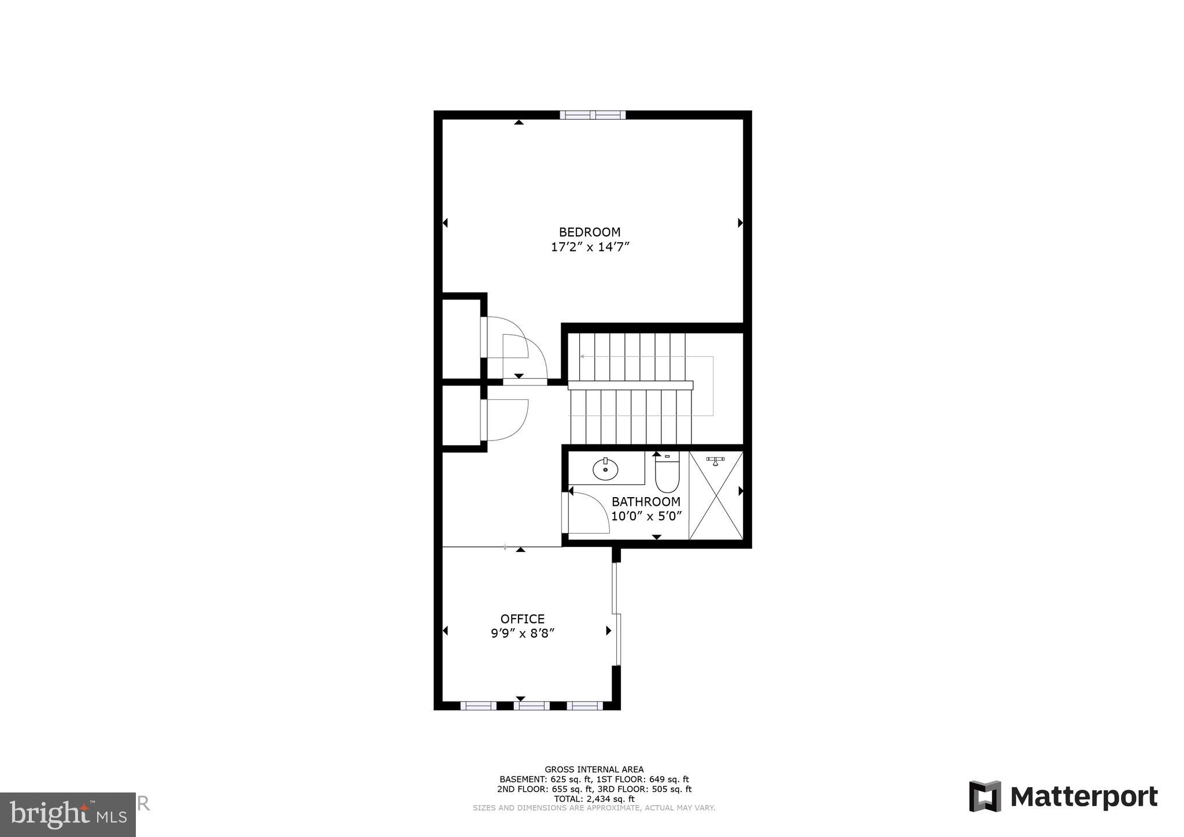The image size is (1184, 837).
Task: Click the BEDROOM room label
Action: tap(589, 232)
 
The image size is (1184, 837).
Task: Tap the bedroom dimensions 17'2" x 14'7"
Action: tap(589, 247)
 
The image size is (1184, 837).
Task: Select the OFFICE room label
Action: tap(522, 619)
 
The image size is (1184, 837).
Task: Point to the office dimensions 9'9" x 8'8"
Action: tap(522, 634)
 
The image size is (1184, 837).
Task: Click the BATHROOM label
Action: tap(646, 502)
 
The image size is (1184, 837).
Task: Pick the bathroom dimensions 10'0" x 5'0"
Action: tap(646, 516)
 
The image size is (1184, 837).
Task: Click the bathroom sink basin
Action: tap(605, 469)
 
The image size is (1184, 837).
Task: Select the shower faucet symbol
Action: tap(716, 460)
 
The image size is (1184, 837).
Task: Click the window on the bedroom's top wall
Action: tap(593, 115)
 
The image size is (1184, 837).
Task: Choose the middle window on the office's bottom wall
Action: tap(532, 705)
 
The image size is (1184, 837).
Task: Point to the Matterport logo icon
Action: tap(985, 797)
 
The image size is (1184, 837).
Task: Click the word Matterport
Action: tap(1083, 797)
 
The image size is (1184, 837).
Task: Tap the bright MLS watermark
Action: tap(68, 814)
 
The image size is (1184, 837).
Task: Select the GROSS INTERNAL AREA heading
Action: tap(594, 769)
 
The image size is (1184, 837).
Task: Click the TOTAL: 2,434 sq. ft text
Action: tap(594, 799)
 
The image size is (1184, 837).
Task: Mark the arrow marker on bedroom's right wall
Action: tap(740, 223)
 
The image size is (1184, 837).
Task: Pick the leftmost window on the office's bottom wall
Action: tap(478, 705)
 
